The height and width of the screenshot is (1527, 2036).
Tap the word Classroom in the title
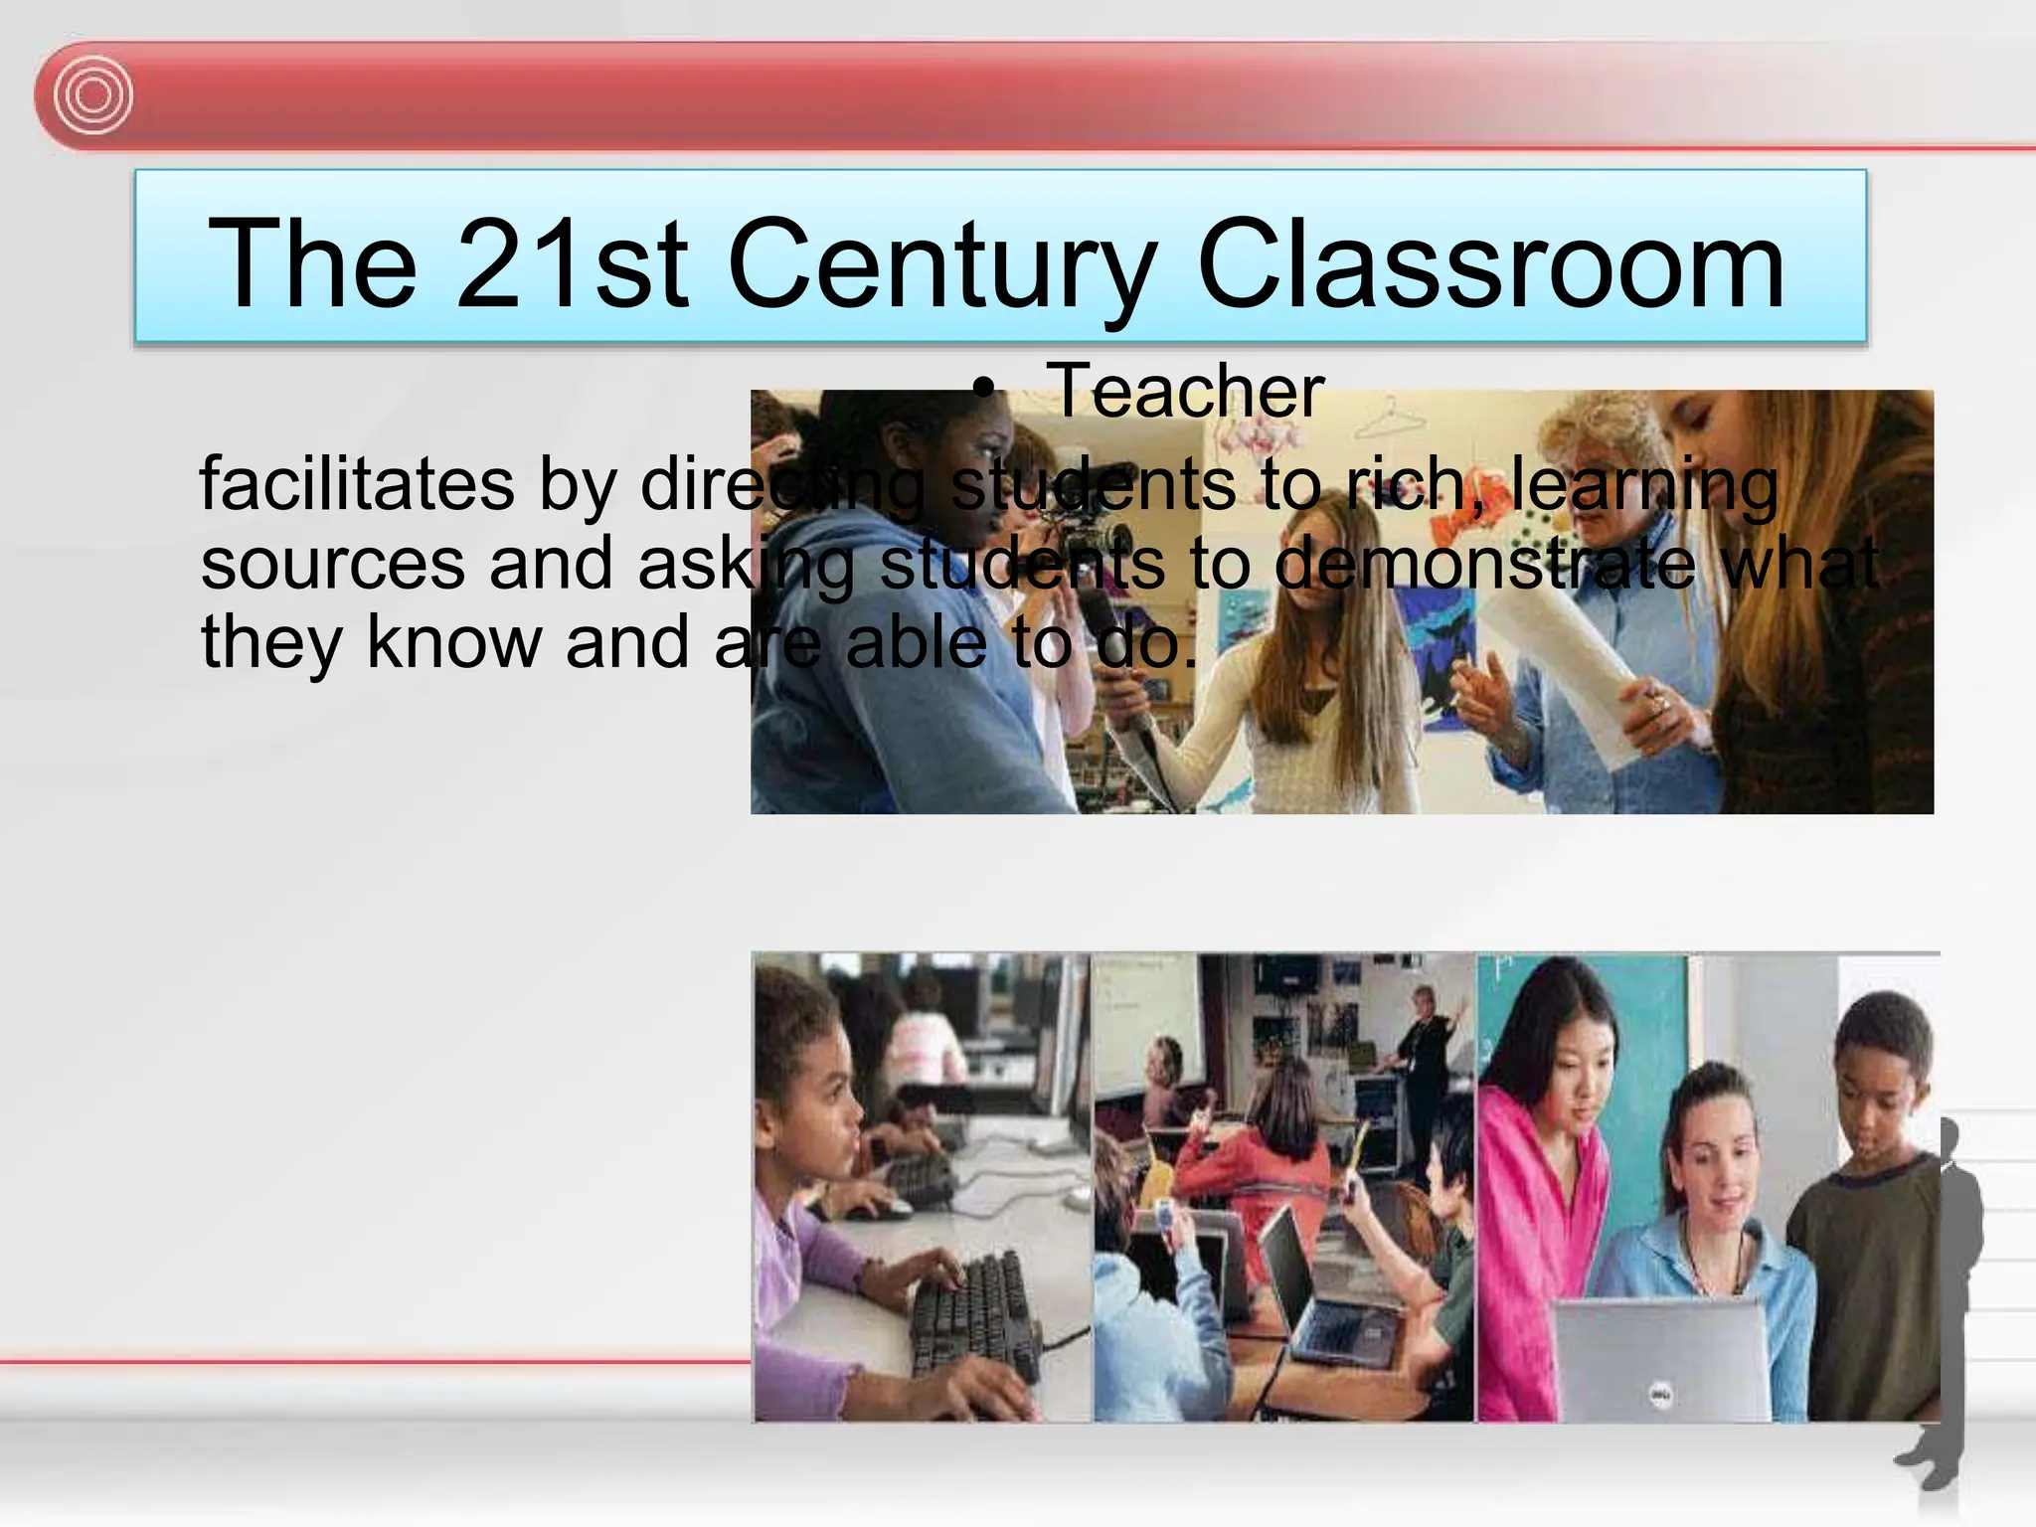tap(1491, 263)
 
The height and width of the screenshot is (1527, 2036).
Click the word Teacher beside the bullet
tap(1185, 391)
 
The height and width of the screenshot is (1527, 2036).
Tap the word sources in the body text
tap(332, 563)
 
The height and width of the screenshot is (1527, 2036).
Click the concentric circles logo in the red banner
tap(93, 96)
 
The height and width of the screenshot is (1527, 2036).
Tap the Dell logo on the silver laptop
tap(1660, 1396)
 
